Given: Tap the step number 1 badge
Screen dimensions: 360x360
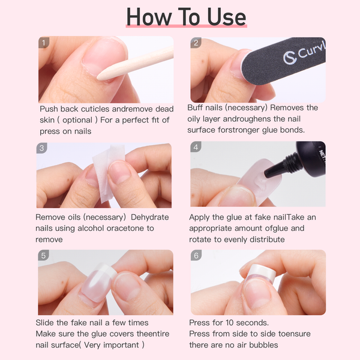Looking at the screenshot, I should [x=43, y=43].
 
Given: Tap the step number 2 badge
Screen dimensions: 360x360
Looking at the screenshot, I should [x=196, y=43].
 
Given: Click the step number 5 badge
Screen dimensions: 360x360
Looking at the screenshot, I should [x=43, y=256].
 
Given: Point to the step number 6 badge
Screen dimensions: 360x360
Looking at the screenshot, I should [x=196, y=256].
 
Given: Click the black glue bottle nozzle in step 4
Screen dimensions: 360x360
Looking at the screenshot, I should [x=280, y=169].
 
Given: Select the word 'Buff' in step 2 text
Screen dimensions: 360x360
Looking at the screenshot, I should [x=197, y=108].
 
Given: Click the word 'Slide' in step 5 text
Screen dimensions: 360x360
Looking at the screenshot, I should [x=48, y=323].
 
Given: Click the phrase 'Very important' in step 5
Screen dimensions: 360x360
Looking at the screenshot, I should [x=113, y=344].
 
